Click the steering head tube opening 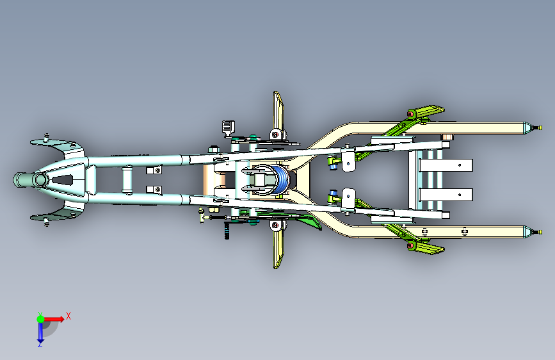pos(40,179)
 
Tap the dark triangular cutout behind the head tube pos(63,180)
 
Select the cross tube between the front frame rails pos(127,179)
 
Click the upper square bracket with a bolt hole pos(154,170)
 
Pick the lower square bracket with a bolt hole pos(154,190)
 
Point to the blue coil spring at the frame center pos(282,179)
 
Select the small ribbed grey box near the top pos(229,127)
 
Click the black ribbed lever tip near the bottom pos(227,231)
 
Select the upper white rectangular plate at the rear pos(446,165)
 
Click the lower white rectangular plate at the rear pos(446,195)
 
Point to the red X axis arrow pos(54,319)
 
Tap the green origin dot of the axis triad pos(40,319)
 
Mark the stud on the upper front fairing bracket pos(46,136)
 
